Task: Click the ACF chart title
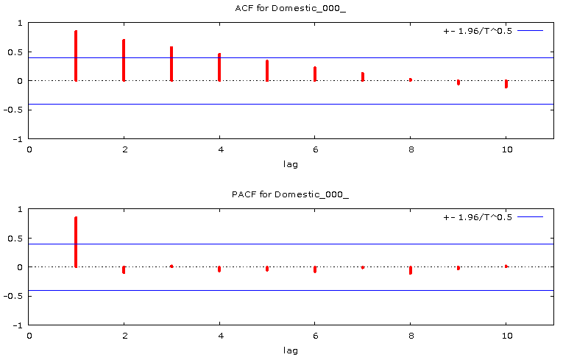291,8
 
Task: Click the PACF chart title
291,194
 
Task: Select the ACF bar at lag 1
76,56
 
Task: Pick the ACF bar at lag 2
124,60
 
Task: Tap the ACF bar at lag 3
171,64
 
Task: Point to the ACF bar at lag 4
219,67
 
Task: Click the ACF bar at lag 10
506,84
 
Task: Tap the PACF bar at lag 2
124,269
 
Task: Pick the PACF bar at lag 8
411,270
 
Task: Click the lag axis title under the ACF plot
291,164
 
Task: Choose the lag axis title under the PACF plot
291,350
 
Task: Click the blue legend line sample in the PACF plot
530,217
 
